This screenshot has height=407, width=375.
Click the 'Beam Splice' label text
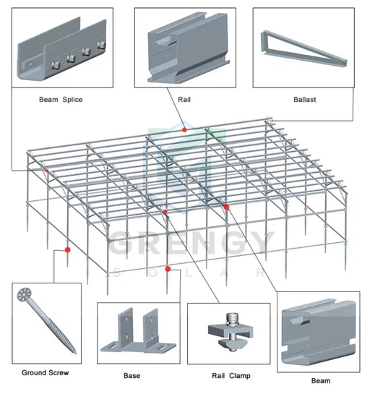[61, 99]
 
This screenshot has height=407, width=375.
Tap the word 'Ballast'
[304, 99]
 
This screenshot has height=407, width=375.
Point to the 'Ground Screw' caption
[45, 373]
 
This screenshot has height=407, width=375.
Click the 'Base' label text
[132, 376]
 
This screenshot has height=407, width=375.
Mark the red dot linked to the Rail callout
[185, 129]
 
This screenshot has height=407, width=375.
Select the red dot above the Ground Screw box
[68, 249]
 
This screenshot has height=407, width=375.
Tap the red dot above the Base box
[168, 269]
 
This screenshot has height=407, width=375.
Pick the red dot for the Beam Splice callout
[46, 171]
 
